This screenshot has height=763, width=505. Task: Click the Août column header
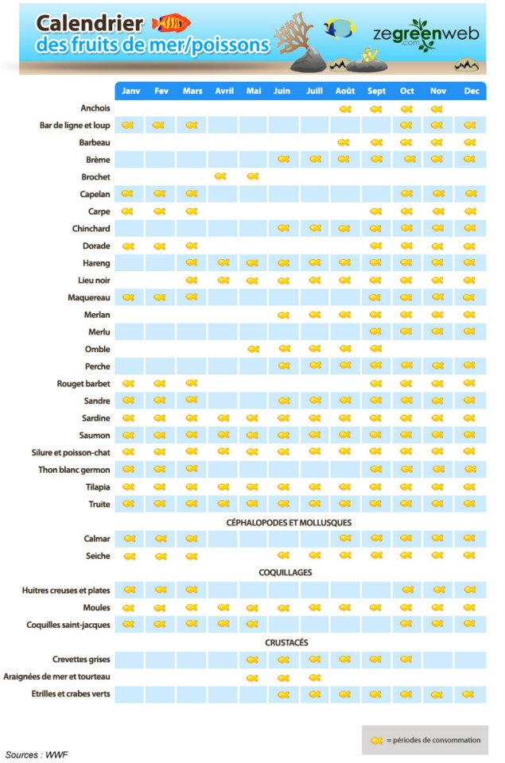pyautogui.click(x=345, y=91)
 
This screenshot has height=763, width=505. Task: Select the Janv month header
pyautogui.click(x=130, y=91)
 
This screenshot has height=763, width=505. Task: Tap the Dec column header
pyautogui.click(x=472, y=91)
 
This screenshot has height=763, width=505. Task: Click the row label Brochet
pyautogui.click(x=95, y=177)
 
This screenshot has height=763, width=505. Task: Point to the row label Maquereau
pyautogui.click(x=88, y=297)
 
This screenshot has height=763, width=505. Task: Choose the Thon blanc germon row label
pyautogui.click(x=74, y=470)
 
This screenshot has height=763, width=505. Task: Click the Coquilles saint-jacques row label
pyautogui.click(x=68, y=625)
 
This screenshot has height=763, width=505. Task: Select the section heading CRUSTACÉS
pyautogui.click(x=286, y=642)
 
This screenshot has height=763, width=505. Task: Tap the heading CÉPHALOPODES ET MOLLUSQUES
pyautogui.click(x=289, y=523)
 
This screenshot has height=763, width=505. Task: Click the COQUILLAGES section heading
pyautogui.click(x=286, y=573)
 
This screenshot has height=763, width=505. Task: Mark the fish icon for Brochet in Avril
pyautogui.click(x=220, y=176)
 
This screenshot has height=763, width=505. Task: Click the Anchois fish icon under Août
pyautogui.click(x=345, y=109)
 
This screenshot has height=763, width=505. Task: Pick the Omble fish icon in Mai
pyautogui.click(x=253, y=349)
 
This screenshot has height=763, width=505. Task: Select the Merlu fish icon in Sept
pyautogui.click(x=375, y=331)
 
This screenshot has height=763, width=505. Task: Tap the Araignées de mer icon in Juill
pyautogui.click(x=315, y=677)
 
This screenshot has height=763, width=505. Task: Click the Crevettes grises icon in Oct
pyautogui.click(x=406, y=660)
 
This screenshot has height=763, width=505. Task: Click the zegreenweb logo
pyautogui.click(x=425, y=34)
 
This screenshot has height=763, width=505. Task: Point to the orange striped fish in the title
pyautogui.click(x=171, y=23)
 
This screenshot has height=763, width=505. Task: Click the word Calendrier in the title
pyautogui.click(x=90, y=23)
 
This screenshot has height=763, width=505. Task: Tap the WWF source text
pyautogui.click(x=56, y=755)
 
